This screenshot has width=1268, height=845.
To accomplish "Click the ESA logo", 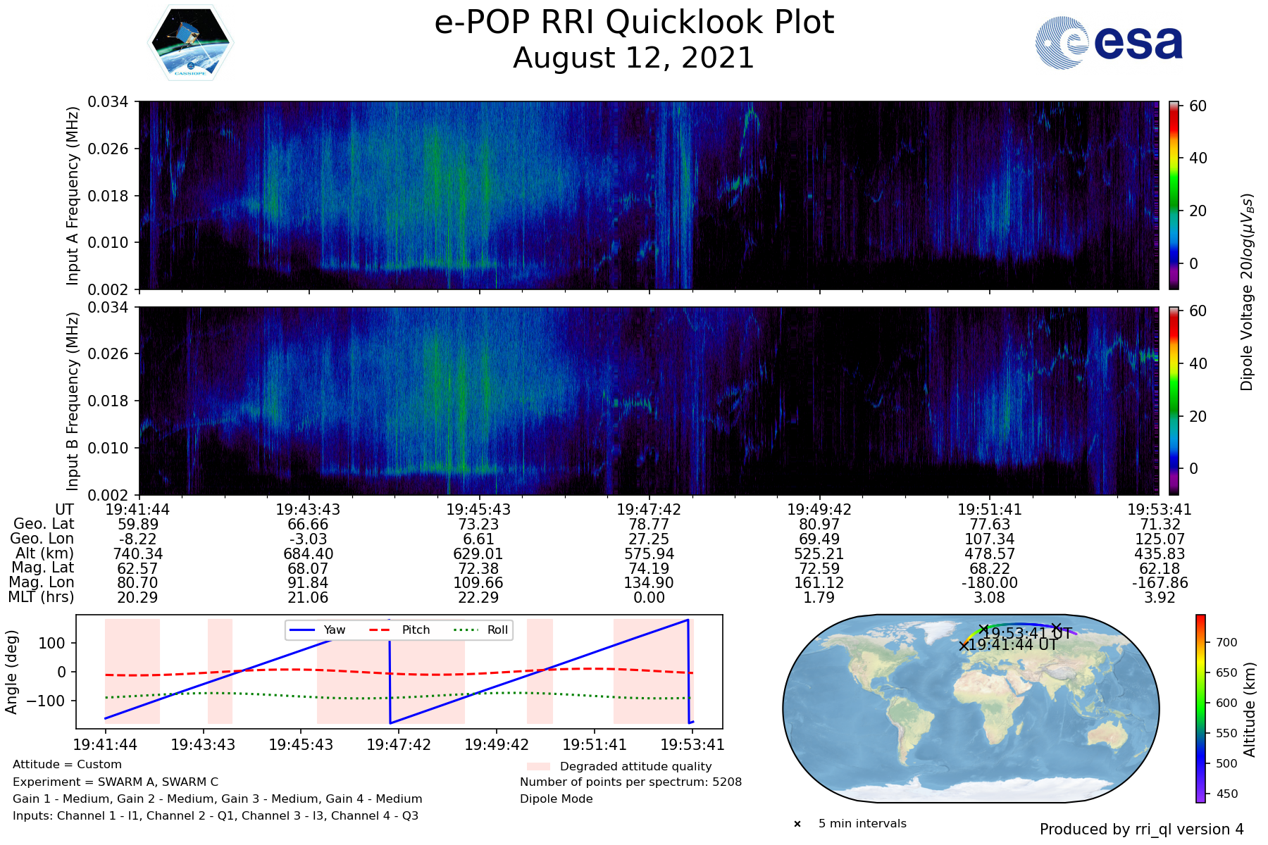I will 1109,43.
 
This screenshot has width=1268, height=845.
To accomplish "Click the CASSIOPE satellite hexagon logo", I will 190,42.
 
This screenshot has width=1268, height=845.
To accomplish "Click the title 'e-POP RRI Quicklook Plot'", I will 634,23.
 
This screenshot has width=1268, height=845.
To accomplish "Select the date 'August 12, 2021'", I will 634,58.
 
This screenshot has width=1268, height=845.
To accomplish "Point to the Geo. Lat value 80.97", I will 819,525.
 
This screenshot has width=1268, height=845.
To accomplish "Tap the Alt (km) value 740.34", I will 138,554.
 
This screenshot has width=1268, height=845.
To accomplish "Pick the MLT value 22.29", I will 478,598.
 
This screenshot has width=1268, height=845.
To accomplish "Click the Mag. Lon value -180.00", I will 990,583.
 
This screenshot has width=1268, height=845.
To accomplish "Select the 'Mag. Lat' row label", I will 43,568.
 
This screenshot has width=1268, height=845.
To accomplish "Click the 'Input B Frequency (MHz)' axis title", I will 72,401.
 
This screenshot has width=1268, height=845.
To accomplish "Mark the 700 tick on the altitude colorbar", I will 1226,642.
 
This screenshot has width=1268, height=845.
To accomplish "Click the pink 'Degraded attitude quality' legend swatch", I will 538,766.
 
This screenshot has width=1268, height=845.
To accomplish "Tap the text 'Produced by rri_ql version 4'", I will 1141,830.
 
